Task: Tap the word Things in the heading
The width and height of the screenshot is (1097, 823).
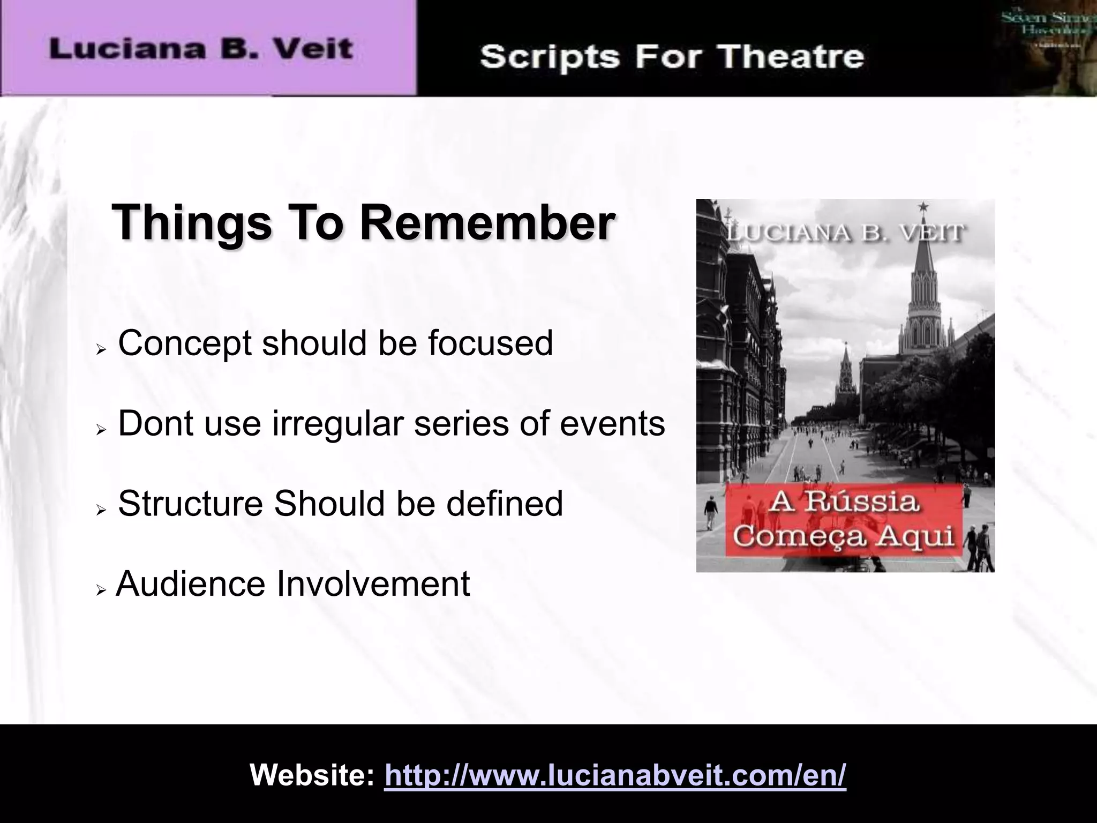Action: (192, 223)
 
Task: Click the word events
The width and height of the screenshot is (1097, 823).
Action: (612, 423)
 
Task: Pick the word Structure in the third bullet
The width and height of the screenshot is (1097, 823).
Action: (190, 504)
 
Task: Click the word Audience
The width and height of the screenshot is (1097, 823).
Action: (190, 584)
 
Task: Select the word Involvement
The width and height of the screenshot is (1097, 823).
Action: (373, 584)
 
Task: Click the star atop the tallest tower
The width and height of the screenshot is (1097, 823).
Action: (923, 206)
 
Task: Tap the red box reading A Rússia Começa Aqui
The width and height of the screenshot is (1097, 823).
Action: (844, 520)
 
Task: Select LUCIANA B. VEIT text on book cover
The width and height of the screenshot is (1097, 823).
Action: (846, 233)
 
